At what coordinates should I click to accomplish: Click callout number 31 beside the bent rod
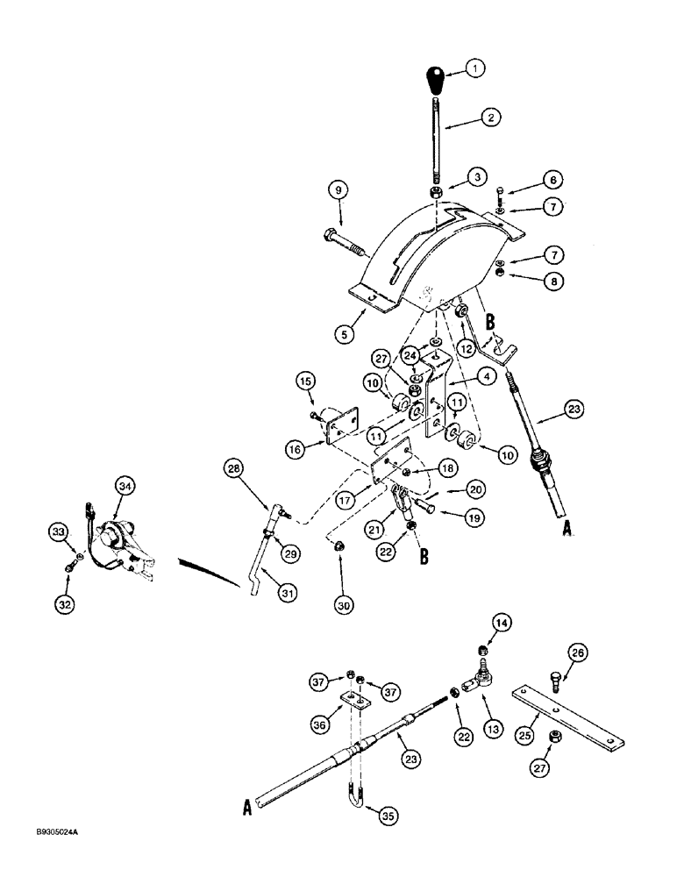(289, 593)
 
